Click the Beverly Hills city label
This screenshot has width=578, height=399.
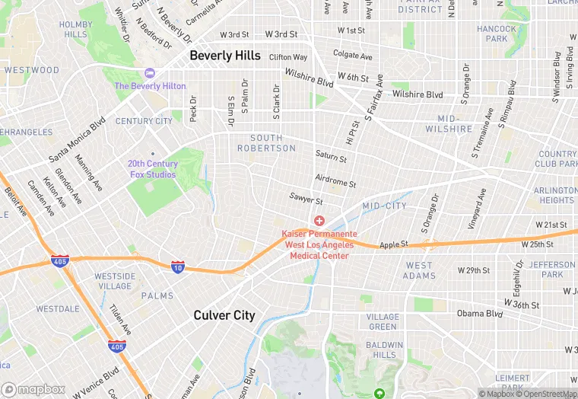pyautogui.click(x=224, y=56)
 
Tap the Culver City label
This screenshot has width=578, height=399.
pyautogui.click(x=224, y=315)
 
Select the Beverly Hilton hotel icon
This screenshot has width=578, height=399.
pyautogui.click(x=149, y=73)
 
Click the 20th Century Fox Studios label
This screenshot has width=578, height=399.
pyautogui.click(x=152, y=169)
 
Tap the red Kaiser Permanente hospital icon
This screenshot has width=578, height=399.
pyautogui.click(x=319, y=221)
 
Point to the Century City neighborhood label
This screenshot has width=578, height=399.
pyautogui.click(x=144, y=121)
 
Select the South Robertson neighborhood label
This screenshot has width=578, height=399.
pyautogui.click(x=265, y=143)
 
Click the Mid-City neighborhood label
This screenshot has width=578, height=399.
pyautogui.click(x=384, y=206)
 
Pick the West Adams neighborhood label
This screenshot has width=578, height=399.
pyautogui.click(x=418, y=270)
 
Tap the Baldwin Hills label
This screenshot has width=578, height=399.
pyautogui.click(x=385, y=350)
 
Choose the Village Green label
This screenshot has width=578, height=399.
pyautogui.click(x=382, y=321)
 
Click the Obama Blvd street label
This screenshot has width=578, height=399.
pyautogui.click(x=479, y=314)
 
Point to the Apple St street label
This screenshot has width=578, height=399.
pyautogui.click(x=394, y=244)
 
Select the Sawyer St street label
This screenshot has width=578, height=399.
pyautogui.click(x=306, y=200)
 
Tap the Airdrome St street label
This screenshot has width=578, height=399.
pyautogui.click(x=335, y=182)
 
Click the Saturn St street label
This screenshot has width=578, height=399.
pyautogui.click(x=331, y=158)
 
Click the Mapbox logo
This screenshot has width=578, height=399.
pyautogui.click(x=33, y=390)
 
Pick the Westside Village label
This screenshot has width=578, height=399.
pyautogui.click(x=115, y=281)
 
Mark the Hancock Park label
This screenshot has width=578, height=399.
pyautogui.click(x=496, y=34)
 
